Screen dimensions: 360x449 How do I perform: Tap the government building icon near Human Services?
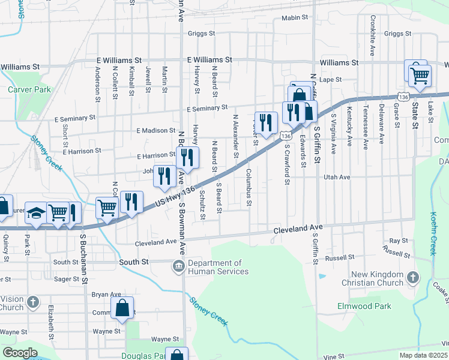[178, 266]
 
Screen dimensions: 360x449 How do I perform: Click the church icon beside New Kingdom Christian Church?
[412, 277]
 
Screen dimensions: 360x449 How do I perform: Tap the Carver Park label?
[29, 90]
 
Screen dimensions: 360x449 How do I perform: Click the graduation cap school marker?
[37, 214]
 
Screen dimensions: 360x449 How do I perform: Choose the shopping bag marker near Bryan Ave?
[122, 308]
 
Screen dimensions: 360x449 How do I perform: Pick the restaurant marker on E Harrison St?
[187, 158]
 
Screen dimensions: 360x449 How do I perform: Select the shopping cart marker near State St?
[420, 76]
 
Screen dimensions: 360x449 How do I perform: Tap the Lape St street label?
[330, 79]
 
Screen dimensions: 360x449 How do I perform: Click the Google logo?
[20, 353]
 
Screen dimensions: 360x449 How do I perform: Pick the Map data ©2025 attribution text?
[424, 355]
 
